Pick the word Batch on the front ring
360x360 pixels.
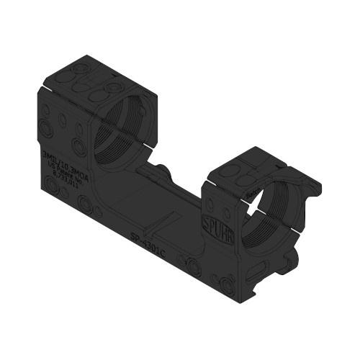253,193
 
